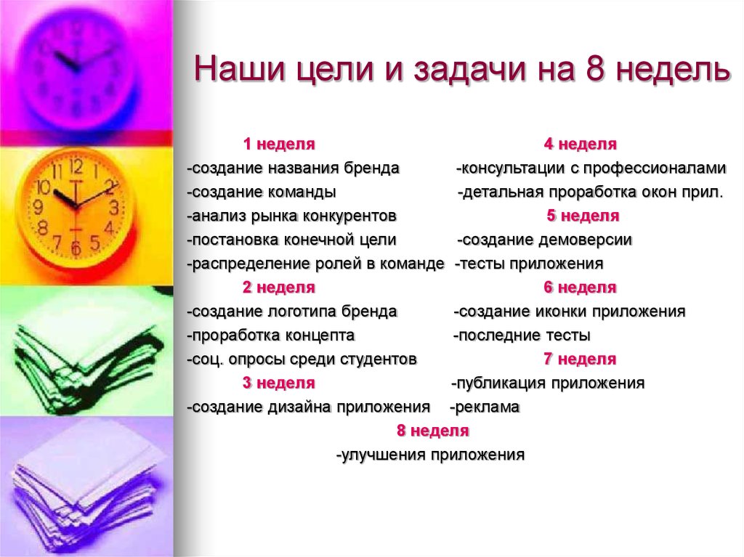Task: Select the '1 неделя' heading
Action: coord(278,145)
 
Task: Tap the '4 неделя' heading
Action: coord(580,145)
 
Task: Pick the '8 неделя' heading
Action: coord(432,431)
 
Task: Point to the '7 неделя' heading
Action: coord(580,359)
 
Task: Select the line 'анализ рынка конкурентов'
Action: coord(292,216)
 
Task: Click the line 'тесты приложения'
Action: coord(530,264)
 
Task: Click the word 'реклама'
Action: coord(487,407)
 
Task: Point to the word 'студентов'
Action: coord(379,359)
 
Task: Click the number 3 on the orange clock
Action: coord(114,206)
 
